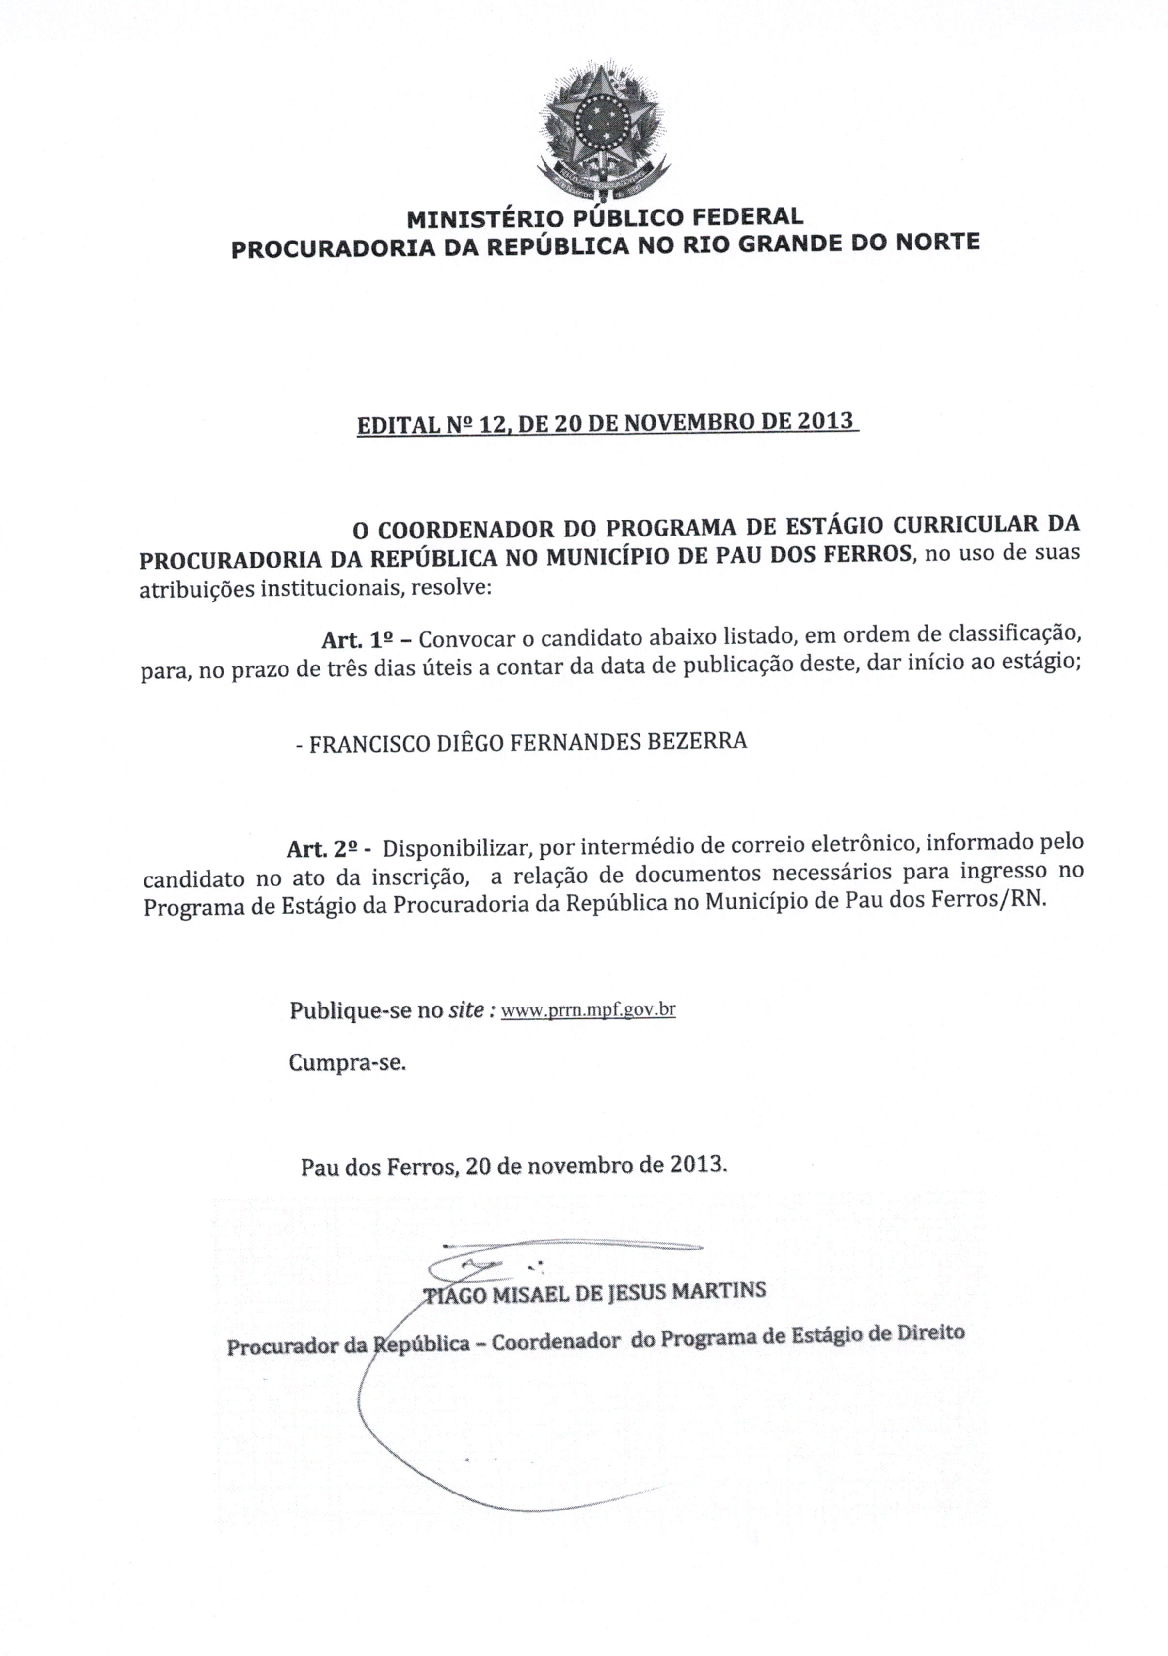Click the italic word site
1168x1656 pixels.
tap(465, 1010)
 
